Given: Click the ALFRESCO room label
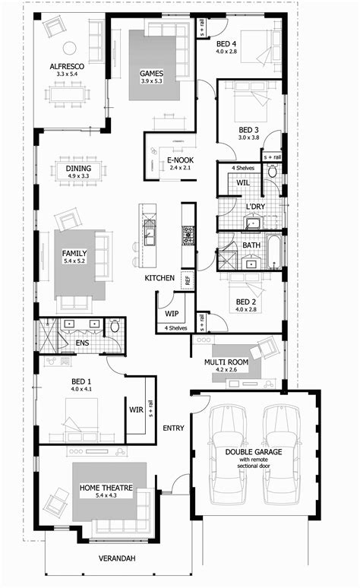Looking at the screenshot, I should (68, 67).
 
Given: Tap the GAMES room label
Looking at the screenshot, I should (151, 73).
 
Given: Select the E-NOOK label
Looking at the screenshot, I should (180, 160).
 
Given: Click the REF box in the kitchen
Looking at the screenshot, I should (188, 279).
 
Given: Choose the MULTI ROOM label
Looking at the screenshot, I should (226, 362).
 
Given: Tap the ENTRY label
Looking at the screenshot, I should (173, 428).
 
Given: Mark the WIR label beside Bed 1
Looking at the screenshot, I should (137, 409).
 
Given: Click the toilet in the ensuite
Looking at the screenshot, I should (115, 327).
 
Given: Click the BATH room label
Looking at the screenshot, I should (252, 245).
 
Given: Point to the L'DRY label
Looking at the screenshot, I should (254, 206).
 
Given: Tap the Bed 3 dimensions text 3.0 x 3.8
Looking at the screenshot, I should (248, 138).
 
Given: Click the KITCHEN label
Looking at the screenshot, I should (160, 279).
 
